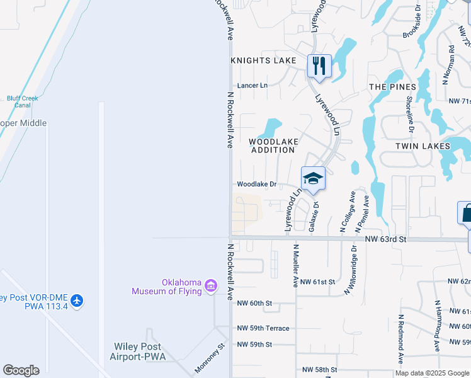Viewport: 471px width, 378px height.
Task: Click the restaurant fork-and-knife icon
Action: pos(319,66)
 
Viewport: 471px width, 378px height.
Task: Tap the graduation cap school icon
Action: pos(313,178)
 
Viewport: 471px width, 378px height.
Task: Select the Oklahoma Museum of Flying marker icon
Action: pos(212,287)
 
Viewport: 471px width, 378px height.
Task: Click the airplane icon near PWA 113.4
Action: pos(77,301)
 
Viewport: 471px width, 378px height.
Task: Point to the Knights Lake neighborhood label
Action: pos(263,60)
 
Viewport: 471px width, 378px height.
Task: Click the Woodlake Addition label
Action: pos(273,146)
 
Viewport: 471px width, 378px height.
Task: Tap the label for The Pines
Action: pos(392,87)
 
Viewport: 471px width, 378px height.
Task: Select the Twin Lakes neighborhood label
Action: pos(423,146)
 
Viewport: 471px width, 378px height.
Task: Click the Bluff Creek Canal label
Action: pos(23,101)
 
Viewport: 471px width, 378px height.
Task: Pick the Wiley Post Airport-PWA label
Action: pos(138,352)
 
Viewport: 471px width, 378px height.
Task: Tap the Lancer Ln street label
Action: pos(252,85)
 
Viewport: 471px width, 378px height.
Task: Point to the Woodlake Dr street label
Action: pos(257,185)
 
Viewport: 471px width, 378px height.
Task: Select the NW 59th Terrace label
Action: pos(263,328)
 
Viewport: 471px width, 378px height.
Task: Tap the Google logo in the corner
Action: pos(21,370)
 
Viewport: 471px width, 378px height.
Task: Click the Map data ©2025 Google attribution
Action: pos(431,373)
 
